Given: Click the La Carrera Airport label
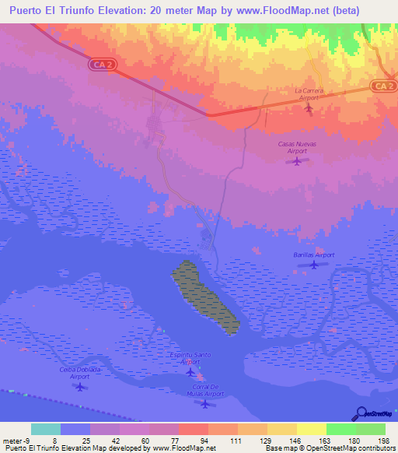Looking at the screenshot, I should (308, 94).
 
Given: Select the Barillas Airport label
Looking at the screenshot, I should (314, 255).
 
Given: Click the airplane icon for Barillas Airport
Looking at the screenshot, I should (313, 265).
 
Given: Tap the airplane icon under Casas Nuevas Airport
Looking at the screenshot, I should (296, 161).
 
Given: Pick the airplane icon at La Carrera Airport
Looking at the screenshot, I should (308, 107).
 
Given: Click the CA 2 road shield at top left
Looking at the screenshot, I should (106, 66).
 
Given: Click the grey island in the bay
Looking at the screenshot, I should (204, 297).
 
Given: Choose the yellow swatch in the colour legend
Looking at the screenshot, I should (311, 429).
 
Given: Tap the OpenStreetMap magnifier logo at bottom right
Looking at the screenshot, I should (361, 413).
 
